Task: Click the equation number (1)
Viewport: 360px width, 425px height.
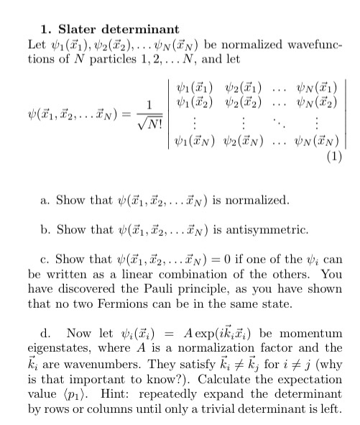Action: click(337, 156)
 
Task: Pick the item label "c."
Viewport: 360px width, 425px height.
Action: click(47, 262)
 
